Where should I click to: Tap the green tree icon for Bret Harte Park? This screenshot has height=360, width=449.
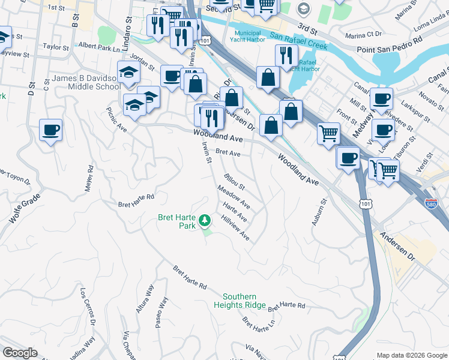click(205, 221)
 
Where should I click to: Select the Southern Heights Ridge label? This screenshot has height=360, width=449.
click(240, 301)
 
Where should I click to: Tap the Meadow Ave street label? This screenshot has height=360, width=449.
click(234, 197)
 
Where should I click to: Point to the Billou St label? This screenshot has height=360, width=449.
click(234, 182)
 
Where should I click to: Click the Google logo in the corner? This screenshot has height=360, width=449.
click(20, 353)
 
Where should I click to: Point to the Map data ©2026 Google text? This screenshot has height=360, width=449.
click(411, 355)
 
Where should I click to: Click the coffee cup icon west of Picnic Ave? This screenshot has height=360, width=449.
click(50, 130)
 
